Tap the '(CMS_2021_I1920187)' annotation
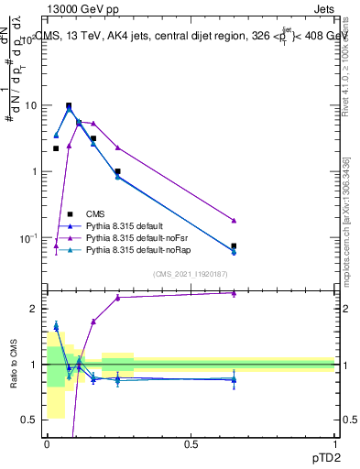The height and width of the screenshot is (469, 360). click(x=191, y=273)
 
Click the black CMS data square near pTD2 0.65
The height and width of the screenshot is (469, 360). click(x=234, y=245)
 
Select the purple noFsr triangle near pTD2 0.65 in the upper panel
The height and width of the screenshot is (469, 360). click(x=234, y=221)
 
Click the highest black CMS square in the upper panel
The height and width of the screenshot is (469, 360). click(x=69, y=105)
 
